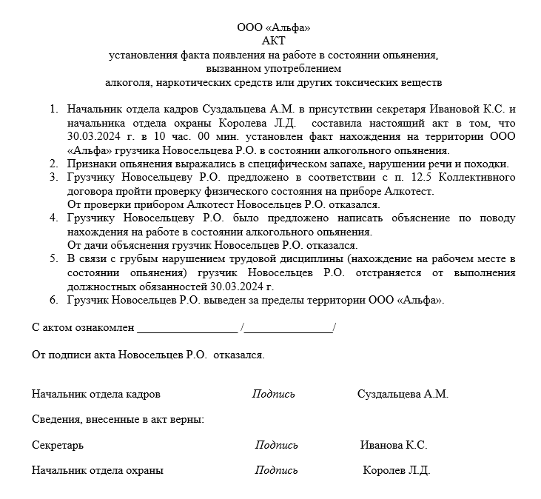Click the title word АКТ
tap(273, 41)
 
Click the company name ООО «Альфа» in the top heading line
tap(273, 27)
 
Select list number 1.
tap(53, 109)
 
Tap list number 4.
tap(53, 218)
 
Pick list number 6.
tap(53, 300)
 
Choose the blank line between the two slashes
tap(289, 327)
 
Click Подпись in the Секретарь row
tap(277, 445)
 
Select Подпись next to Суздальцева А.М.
tap(273, 394)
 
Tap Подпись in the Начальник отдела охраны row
tap(277, 470)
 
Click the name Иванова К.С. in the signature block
tap(394, 445)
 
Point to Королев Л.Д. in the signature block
tap(396, 470)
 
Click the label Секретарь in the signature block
tap(58, 445)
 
